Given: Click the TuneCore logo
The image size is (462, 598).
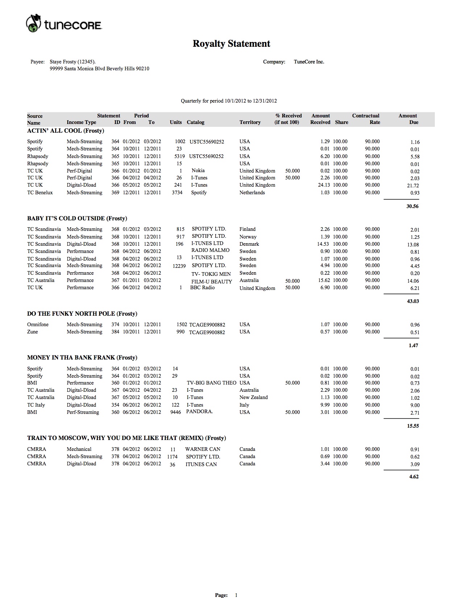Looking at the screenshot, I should coord(64,24).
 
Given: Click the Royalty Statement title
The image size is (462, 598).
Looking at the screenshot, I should coord(231,44).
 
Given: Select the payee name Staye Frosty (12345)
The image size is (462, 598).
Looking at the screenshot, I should coord(72,62).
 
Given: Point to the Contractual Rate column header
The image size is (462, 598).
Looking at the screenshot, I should coord(366,119).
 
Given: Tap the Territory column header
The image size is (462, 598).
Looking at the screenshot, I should coord(250,122).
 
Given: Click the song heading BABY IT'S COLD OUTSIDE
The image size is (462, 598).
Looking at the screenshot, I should coord(77,219).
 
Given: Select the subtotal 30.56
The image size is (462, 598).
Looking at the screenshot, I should coord(412,207).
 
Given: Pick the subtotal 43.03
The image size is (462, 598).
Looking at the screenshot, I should coord(413,301).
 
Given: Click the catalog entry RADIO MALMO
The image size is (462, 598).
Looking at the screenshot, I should coord(210,250).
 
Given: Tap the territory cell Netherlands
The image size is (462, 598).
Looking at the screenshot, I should coord(252,193).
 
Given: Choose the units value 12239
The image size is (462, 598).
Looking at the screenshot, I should coord(179,266).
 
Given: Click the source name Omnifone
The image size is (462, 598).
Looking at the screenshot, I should coord(38,325).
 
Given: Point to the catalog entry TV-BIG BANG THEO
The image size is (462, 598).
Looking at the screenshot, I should coord(211,383).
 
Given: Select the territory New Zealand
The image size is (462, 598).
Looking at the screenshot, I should coord(253,398).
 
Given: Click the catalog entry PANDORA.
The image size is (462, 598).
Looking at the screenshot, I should coord(199,412).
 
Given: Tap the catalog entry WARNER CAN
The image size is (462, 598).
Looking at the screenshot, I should coord(203,449).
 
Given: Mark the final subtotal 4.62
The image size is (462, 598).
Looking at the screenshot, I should coord(414,477).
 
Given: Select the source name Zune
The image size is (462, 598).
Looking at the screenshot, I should coord(32,332).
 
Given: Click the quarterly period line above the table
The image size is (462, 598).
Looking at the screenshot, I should coord(229,101).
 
